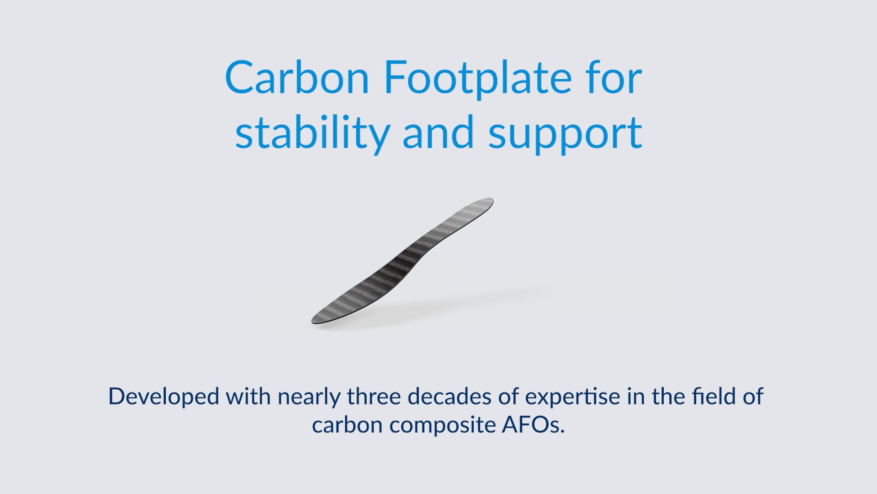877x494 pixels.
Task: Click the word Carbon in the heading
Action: pyautogui.click(x=297, y=79)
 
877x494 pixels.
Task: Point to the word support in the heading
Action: pyautogui.click(x=565, y=135)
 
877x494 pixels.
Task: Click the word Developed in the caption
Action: pyautogui.click(x=164, y=397)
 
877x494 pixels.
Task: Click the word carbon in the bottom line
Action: pyautogui.click(x=347, y=425)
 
